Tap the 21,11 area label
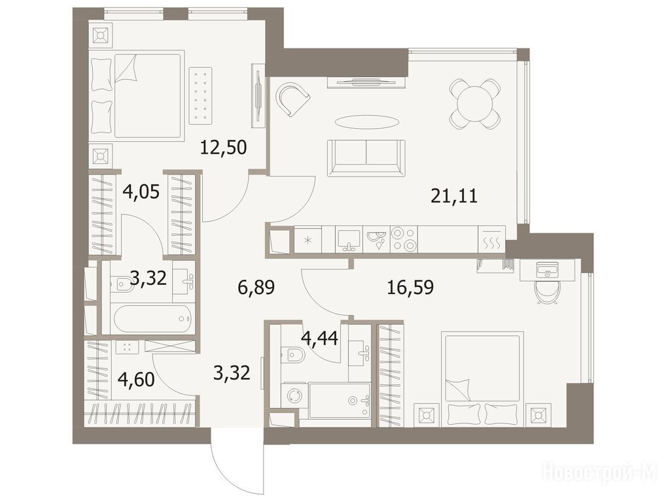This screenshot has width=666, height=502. coord(454,196)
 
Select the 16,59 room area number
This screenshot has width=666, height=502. coord(410,288)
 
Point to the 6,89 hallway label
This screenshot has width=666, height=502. coord(256,288)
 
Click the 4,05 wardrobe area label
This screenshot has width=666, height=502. coord(141,192)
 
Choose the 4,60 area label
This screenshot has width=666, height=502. coord(136,379)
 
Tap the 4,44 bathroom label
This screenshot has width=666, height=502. coord(319,339)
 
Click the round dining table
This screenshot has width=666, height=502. coord(474,104)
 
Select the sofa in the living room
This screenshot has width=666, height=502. coord(366,158)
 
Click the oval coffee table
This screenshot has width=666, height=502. coord(366,122)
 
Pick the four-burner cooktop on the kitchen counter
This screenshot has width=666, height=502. coord(404,239)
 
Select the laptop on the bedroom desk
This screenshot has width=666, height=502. coord(547,269)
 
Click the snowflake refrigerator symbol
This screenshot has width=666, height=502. coord(308,240)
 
